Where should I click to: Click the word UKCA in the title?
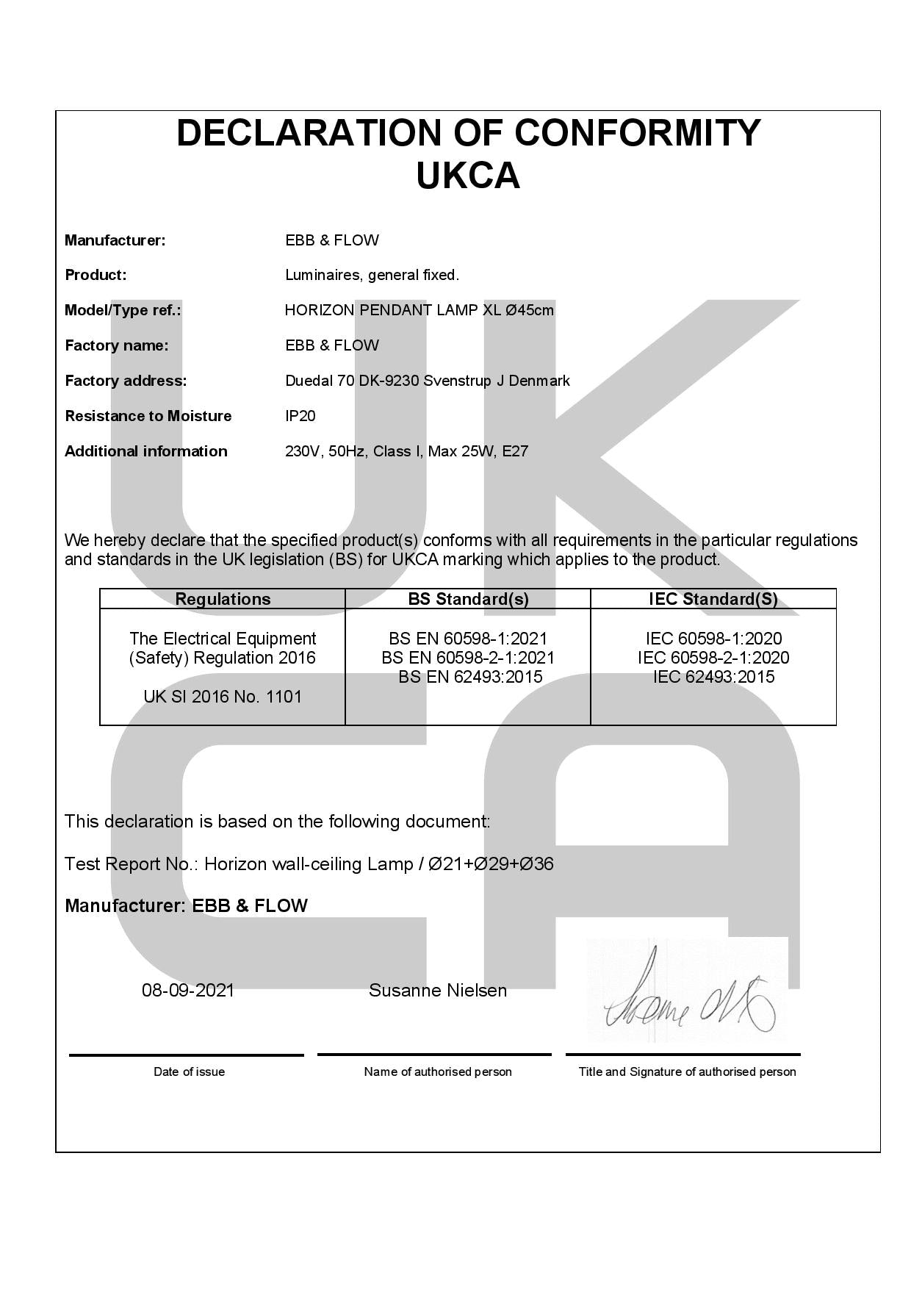468,176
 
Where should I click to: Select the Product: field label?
96,275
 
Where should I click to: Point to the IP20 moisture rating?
300,416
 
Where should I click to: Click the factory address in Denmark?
427,381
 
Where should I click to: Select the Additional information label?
146,451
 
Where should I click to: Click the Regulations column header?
223,599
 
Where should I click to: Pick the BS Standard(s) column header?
468,599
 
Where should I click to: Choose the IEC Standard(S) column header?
713,599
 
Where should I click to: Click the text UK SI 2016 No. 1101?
223,697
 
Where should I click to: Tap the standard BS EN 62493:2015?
470,677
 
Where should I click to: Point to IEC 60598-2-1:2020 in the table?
713,658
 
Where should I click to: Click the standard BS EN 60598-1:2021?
468,639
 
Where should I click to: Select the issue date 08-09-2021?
188,991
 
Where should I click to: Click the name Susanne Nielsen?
438,991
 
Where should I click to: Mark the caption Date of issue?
189,1071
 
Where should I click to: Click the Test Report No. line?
309,864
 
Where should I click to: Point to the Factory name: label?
116,345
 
